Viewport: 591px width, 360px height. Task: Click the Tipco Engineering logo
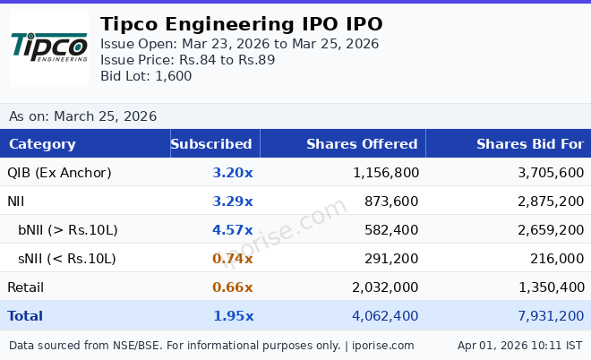(49, 47)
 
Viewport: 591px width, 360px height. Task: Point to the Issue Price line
(187, 60)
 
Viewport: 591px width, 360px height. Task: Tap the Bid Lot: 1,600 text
(146, 76)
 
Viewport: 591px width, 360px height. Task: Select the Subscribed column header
(211, 144)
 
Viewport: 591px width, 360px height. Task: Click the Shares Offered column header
(362, 144)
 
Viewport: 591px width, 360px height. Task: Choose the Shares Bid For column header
(529, 144)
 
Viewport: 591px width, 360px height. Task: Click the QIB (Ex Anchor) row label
(59, 173)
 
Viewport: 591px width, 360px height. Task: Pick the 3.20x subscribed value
(232, 173)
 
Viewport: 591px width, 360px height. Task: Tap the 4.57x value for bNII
(232, 230)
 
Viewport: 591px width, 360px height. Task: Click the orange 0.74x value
(232, 259)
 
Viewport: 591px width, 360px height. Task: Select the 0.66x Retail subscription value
(232, 287)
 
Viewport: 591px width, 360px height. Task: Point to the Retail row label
(25, 287)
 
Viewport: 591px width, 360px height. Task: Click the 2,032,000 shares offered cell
(385, 287)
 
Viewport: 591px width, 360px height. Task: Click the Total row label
(25, 316)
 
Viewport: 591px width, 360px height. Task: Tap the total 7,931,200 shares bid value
(551, 316)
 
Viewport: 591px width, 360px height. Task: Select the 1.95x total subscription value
(232, 316)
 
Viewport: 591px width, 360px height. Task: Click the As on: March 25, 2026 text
(82, 116)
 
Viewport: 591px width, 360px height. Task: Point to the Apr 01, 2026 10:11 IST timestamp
(519, 345)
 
